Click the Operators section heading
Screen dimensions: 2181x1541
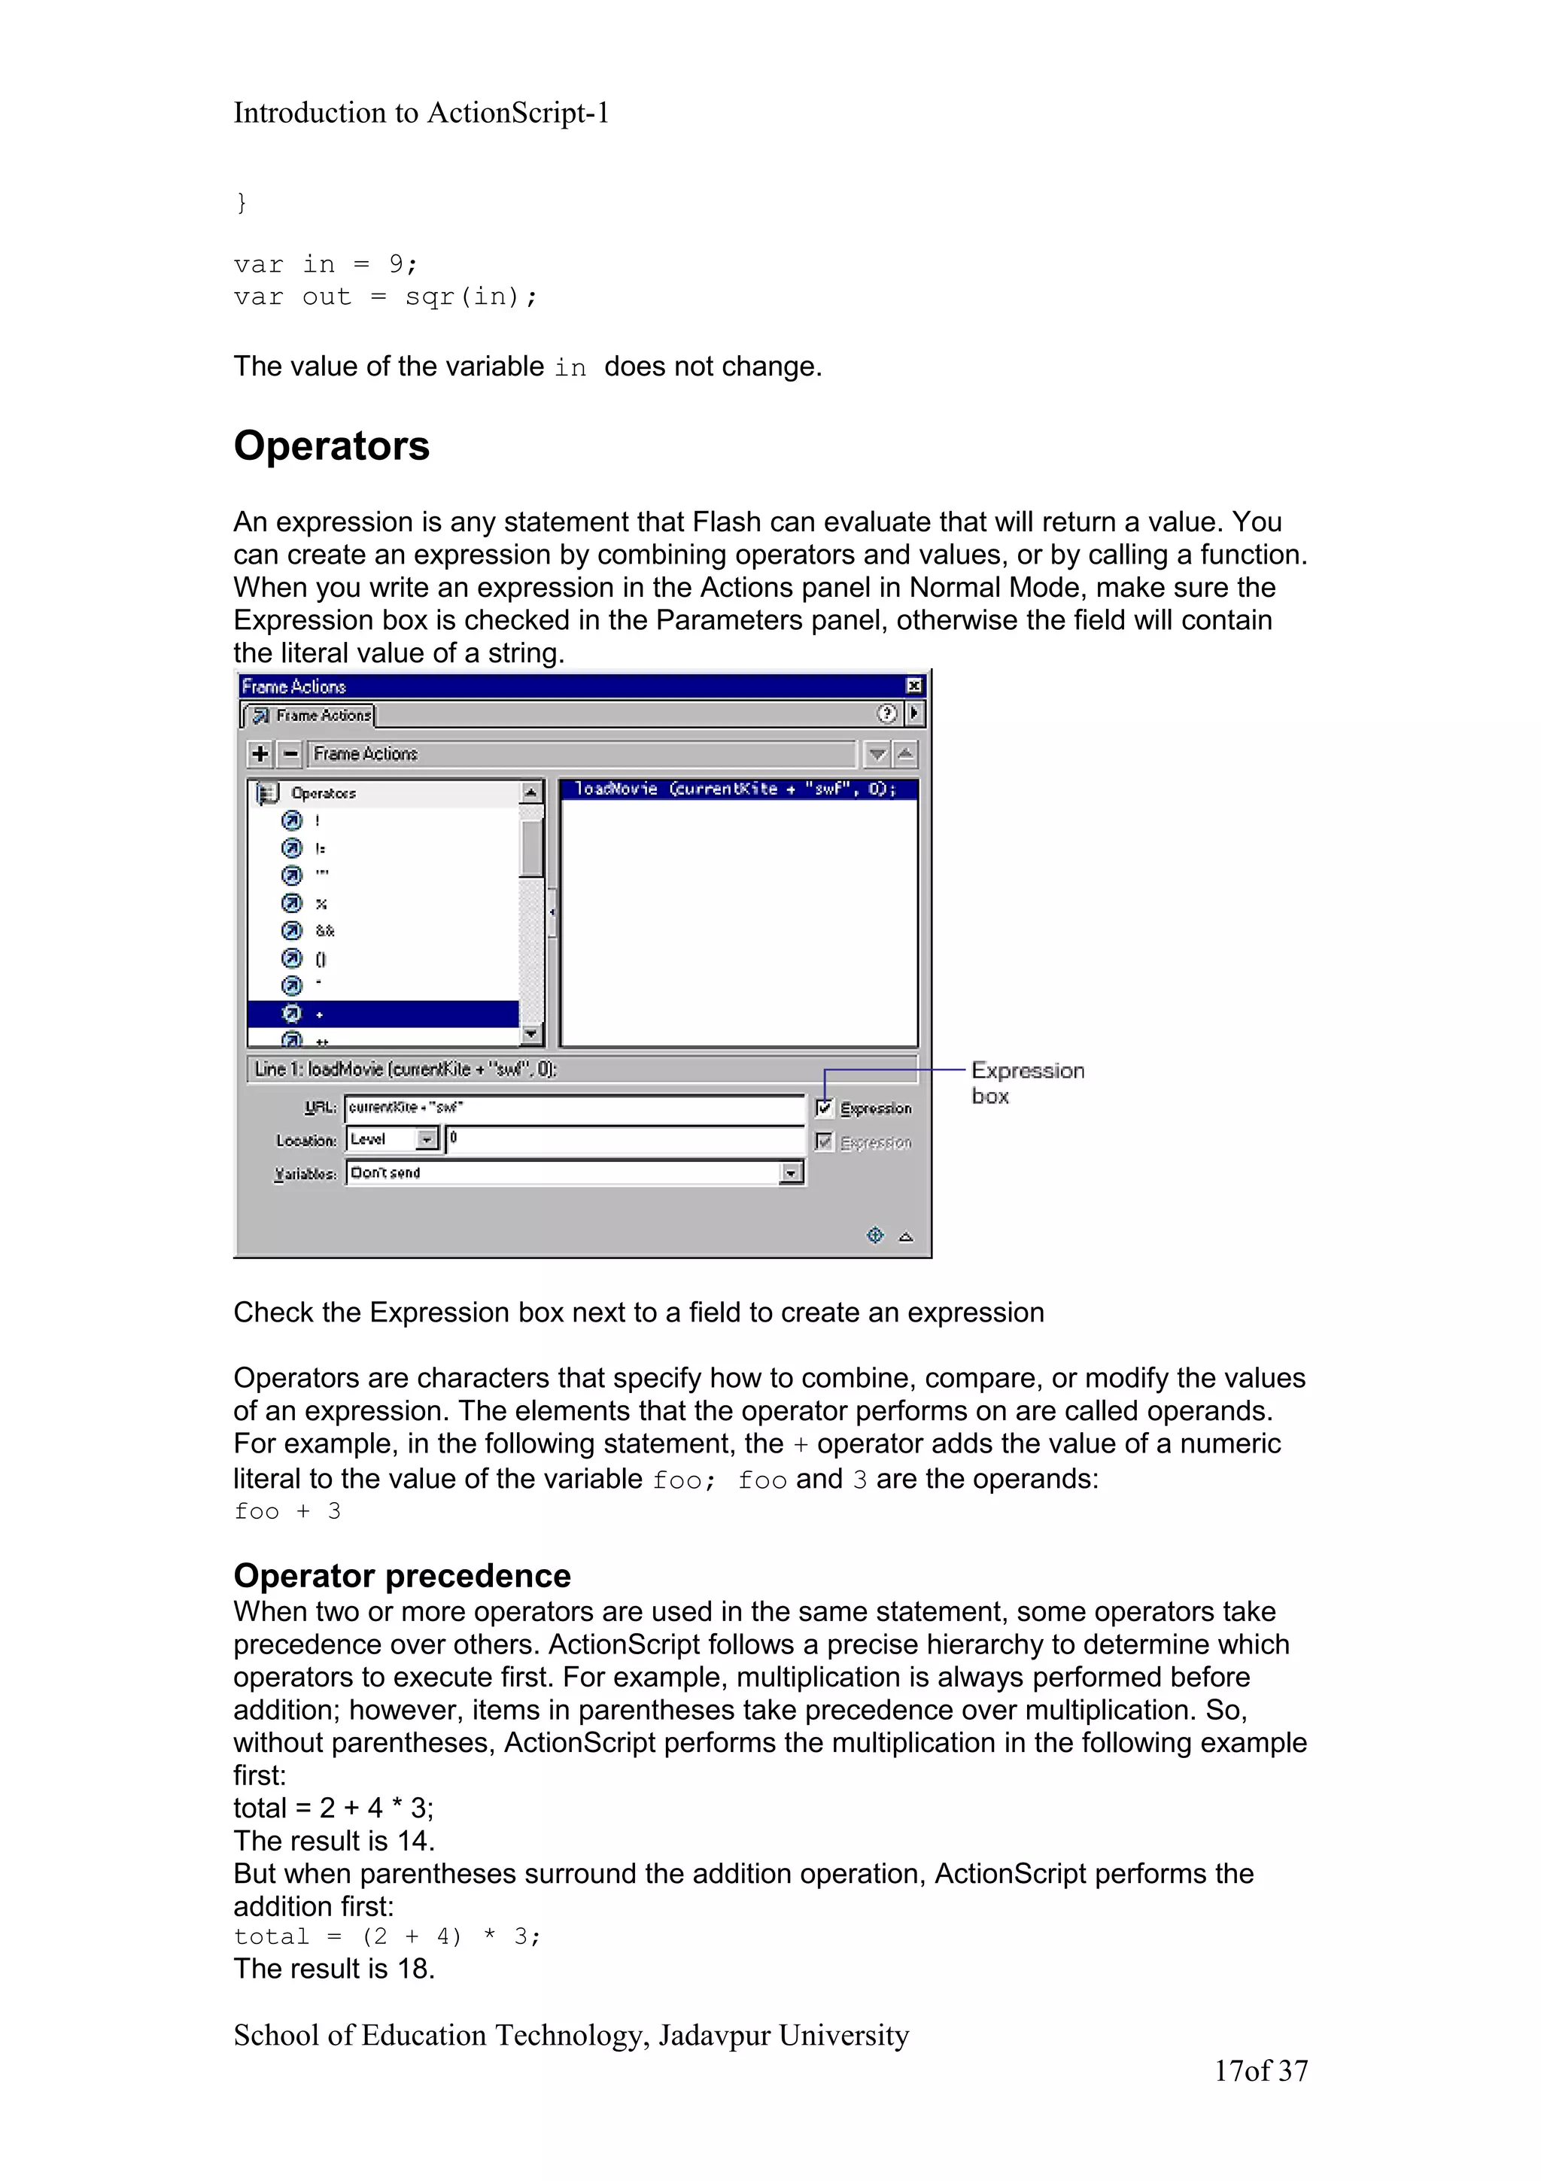pyautogui.click(x=331, y=446)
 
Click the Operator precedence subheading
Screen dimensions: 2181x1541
pyautogui.click(x=402, y=1575)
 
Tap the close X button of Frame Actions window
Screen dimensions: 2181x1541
pyautogui.click(x=913, y=685)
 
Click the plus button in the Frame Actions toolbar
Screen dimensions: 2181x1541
pyautogui.click(x=259, y=753)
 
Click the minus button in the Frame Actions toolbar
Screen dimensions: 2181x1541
pyautogui.click(x=290, y=753)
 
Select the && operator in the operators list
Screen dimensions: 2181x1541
pyautogui.click(x=325, y=931)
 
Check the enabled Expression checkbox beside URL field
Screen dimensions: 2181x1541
pyautogui.click(x=824, y=1108)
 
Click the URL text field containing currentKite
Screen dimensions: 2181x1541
pyautogui.click(x=574, y=1108)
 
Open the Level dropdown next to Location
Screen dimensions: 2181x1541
pyautogui.click(x=427, y=1139)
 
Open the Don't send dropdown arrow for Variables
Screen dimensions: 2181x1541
pyautogui.click(x=790, y=1174)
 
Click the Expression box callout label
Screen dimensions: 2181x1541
pyautogui.click(x=1026, y=1082)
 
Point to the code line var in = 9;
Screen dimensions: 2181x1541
pyautogui.click(x=325, y=264)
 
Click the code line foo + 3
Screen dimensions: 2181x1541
pyautogui.click(x=287, y=1510)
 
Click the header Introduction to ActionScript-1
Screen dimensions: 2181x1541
pyautogui.click(x=421, y=113)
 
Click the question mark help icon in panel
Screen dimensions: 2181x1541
pyautogui.click(x=886, y=713)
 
